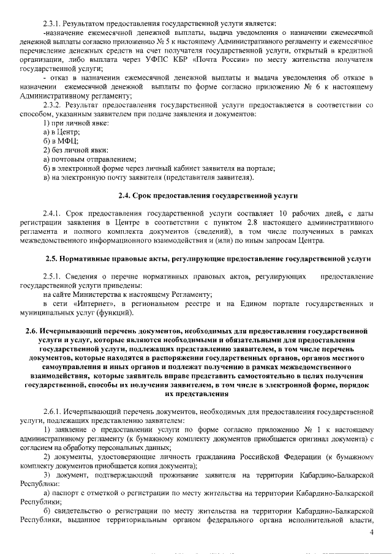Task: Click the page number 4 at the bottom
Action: (371, 533)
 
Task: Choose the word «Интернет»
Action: (92, 304)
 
